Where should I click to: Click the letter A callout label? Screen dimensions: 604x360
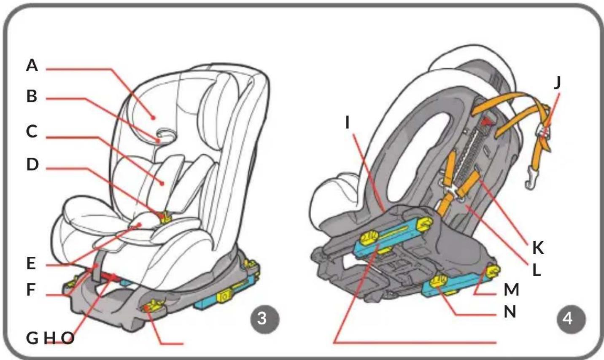pyautogui.click(x=32, y=65)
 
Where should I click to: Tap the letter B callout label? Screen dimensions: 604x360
pyautogui.click(x=32, y=96)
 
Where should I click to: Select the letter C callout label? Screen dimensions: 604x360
pyautogui.click(x=32, y=132)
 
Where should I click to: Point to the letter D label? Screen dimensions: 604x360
pyautogui.click(x=32, y=164)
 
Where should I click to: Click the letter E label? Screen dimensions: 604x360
pyautogui.click(x=31, y=263)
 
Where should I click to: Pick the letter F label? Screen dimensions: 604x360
pyautogui.click(x=31, y=290)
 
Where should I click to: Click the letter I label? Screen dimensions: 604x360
pyautogui.click(x=348, y=123)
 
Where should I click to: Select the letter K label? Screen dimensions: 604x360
pyautogui.click(x=538, y=248)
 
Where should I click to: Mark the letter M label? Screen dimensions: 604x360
pyautogui.click(x=511, y=290)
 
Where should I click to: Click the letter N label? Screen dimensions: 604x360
pyautogui.click(x=510, y=312)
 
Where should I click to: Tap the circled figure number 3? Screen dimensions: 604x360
pyautogui.click(x=265, y=319)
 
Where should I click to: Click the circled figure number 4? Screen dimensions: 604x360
pyautogui.click(x=572, y=319)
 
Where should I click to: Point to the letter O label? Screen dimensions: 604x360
pyautogui.click(x=67, y=338)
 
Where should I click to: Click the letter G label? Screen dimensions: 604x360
pyautogui.click(x=32, y=338)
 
